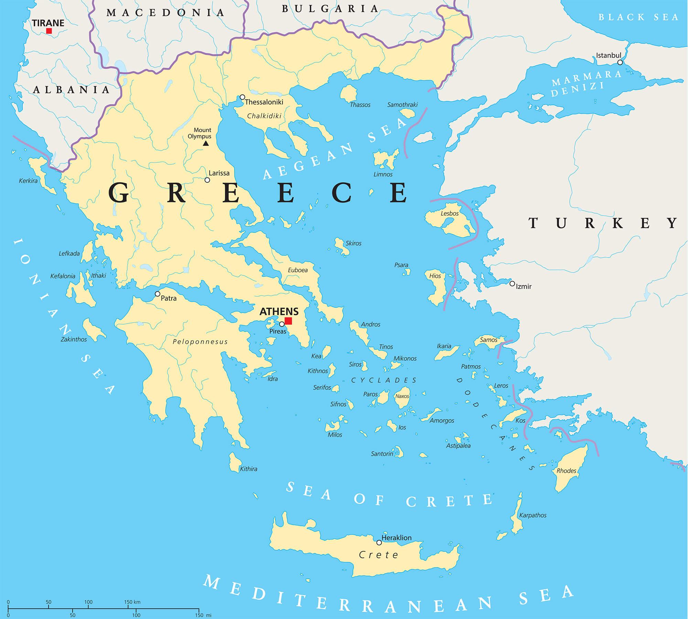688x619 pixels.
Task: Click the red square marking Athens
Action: tap(288, 321)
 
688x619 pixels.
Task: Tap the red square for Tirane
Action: tap(49, 31)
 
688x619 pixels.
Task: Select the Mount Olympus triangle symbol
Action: tap(206, 143)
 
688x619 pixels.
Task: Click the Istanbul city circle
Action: tap(620, 62)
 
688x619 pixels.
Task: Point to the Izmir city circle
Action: tap(512, 284)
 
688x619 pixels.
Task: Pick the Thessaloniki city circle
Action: tap(243, 97)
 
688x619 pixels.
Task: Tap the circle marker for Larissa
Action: tap(207, 180)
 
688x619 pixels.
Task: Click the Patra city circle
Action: tap(158, 294)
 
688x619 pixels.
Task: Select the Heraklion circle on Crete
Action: tap(379, 542)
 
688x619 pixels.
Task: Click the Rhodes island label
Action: tap(566, 471)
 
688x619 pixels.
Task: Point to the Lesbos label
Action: tap(450, 214)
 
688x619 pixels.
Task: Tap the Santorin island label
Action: tap(382, 454)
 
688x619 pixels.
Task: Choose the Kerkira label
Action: tap(28, 181)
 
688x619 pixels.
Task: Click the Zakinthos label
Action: tap(74, 339)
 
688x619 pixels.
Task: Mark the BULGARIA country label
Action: tap(330, 9)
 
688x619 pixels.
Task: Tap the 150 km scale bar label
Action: tap(132, 602)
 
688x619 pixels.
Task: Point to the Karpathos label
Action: tap(533, 515)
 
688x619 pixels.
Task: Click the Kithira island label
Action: tap(248, 469)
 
